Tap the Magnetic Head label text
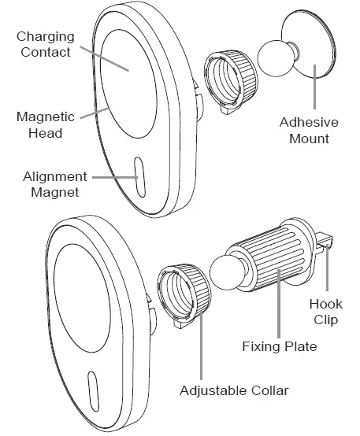[x=46, y=125]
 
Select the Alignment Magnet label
[x=55, y=184]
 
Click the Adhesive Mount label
[x=309, y=131]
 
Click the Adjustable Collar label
[x=234, y=391]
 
